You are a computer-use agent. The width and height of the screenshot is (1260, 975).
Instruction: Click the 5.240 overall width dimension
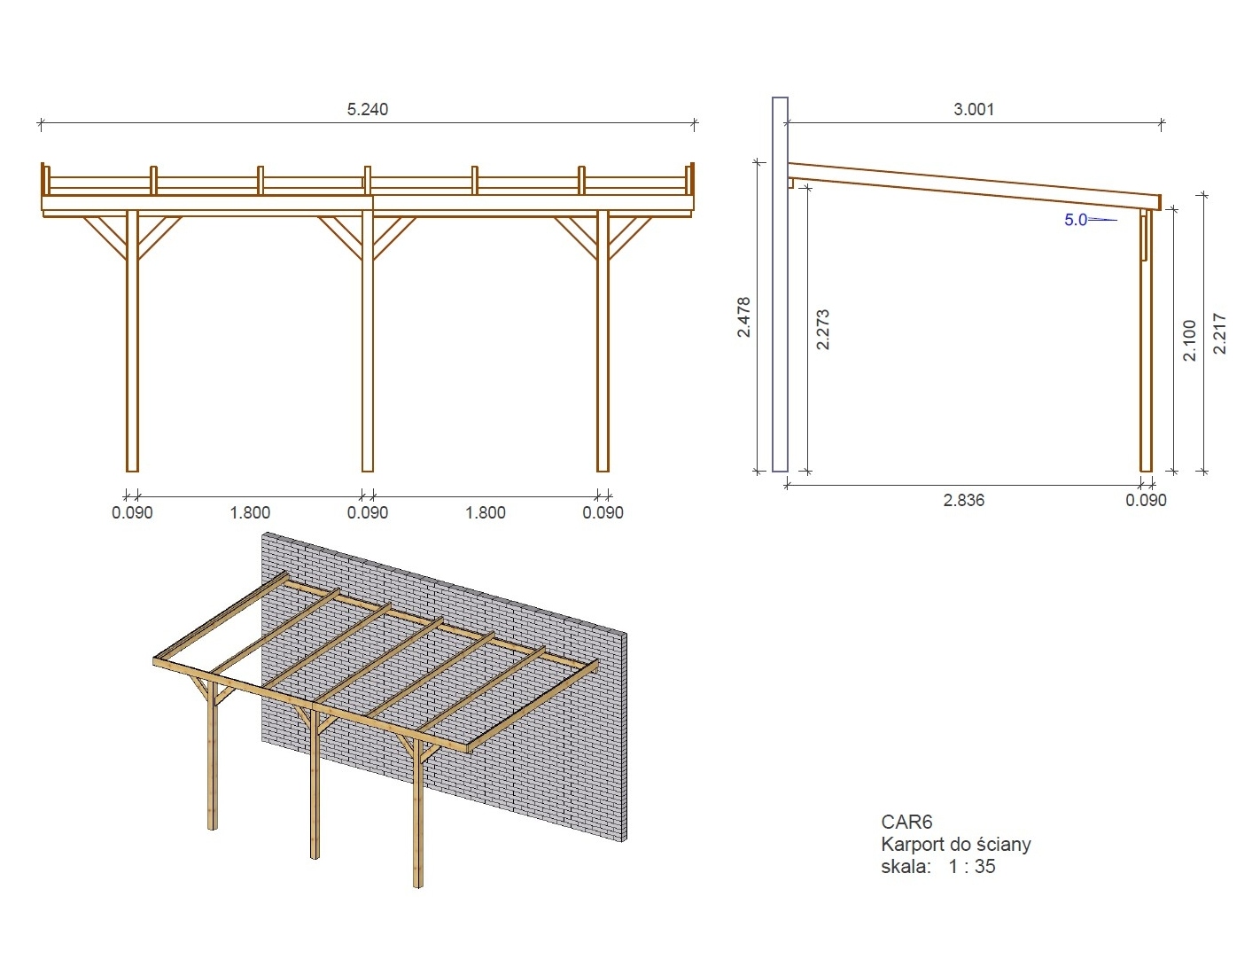pos(367,109)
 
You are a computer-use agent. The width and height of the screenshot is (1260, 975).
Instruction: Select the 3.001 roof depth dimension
pos(974,109)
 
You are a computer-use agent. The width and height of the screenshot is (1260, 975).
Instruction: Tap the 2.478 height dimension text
pos(744,316)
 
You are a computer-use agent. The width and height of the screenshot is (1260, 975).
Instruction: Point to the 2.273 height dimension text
pos(823,330)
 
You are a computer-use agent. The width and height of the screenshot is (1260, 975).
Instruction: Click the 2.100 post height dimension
pos(1189,340)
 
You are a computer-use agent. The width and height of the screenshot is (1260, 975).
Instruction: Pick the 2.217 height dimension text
pos(1219,333)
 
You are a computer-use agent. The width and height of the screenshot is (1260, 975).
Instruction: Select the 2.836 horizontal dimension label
pos(964,500)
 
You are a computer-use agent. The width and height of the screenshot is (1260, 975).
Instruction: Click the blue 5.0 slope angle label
pos(1076,220)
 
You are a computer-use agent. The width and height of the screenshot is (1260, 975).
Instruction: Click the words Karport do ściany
pos(956,844)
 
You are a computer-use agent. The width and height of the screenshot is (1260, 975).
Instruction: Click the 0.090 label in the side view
pos(1146,500)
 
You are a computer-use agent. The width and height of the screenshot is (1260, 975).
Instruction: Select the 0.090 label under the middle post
pos(368,512)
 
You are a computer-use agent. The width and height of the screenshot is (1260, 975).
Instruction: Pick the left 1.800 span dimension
pos(250,512)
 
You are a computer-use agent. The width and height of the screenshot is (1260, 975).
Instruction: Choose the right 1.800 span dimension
pos(486,512)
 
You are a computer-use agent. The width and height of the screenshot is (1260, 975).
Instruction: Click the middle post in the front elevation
pos(368,341)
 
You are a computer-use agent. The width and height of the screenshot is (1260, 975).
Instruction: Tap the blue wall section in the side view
pos(780,285)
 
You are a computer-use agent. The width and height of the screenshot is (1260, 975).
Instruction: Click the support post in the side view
pos(1146,340)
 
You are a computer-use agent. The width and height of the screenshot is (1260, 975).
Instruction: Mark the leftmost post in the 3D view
pos(213,755)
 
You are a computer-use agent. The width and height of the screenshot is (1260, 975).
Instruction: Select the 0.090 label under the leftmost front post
pos(132,512)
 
